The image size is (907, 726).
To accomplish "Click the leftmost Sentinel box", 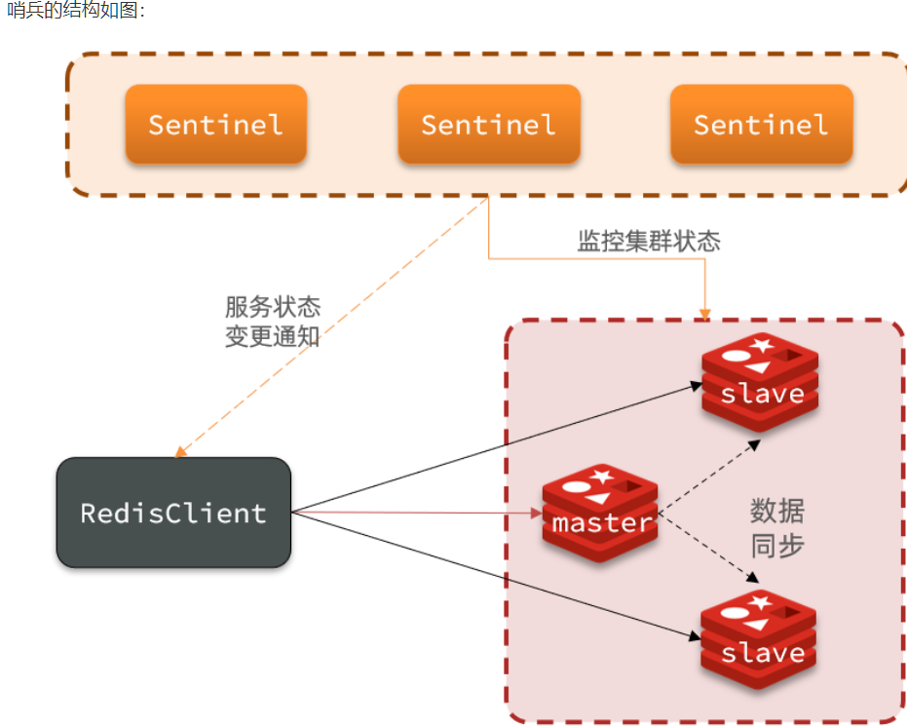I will click(215, 125).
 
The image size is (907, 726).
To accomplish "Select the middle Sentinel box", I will click(488, 125).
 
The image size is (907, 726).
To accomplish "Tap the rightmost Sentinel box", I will click(761, 125).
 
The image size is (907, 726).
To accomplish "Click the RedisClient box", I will click(173, 513).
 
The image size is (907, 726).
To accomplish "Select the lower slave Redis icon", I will click(760, 640).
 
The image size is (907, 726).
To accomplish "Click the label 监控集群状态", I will click(649, 242).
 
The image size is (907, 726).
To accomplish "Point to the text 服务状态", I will click(273, 309).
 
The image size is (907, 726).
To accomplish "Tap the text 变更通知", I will click(273, 338).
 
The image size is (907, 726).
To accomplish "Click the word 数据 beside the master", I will click(777, 511).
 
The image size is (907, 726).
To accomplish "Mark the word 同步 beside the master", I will click(777, 545).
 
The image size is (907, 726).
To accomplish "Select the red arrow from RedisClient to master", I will click(419, 512).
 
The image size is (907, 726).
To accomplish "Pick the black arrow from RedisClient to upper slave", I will click(497, 447).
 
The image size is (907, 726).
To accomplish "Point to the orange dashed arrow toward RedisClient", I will click(331, 326).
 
